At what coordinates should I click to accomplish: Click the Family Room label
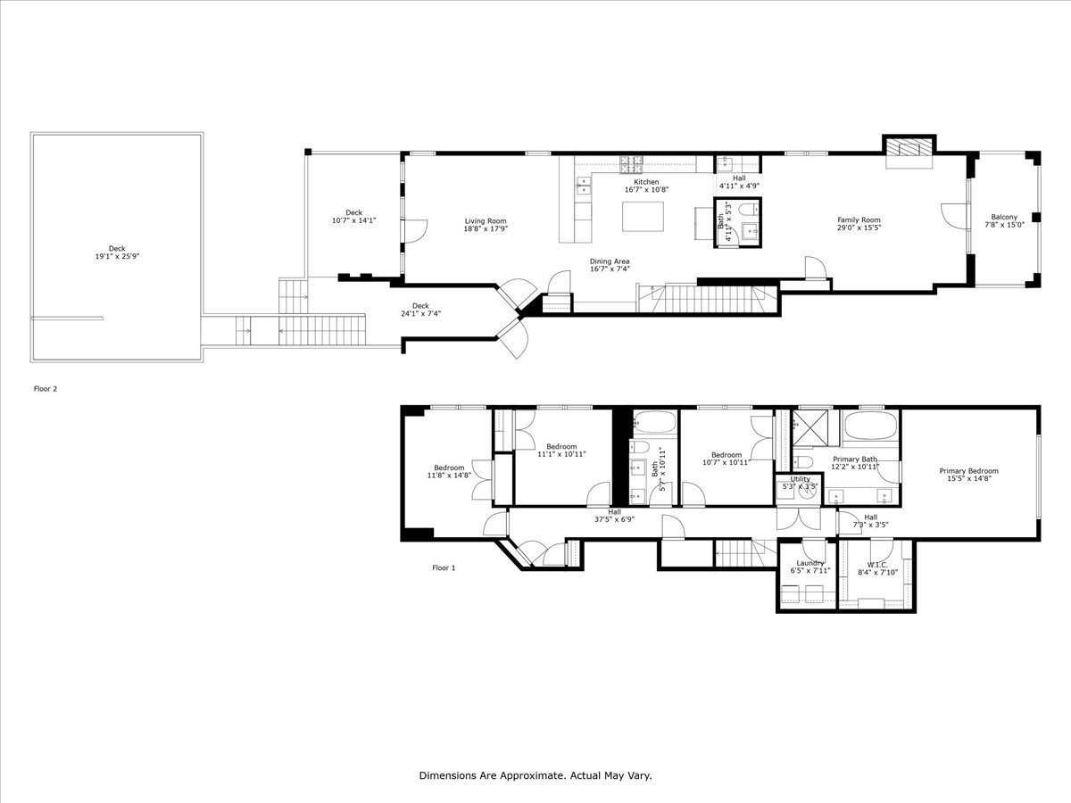[x=858, y=219]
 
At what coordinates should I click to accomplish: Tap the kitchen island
[x=643, y=216]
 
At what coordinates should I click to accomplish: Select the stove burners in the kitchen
[x=633, y=162]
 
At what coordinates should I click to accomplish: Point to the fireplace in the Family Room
[x=909, y=149]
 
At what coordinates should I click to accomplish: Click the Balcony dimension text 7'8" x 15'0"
[x=1004, y=225]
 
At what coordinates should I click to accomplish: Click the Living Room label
[x=486, y=220]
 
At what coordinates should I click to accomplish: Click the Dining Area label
[x=610, y=261]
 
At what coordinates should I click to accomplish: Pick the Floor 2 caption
[x=46, y=389]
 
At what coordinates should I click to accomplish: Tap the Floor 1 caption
[x=444, y=567]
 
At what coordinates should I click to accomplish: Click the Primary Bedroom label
[x=968, y=471]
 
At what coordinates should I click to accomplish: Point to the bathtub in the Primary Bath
[x=871, y=426]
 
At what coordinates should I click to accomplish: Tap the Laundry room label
[x=809, y=563]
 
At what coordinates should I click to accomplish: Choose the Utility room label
[x=800, y=479]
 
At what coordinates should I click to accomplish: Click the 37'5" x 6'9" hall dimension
[x=614, y=519]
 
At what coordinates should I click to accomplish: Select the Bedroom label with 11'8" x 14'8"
[x=449, y=468]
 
